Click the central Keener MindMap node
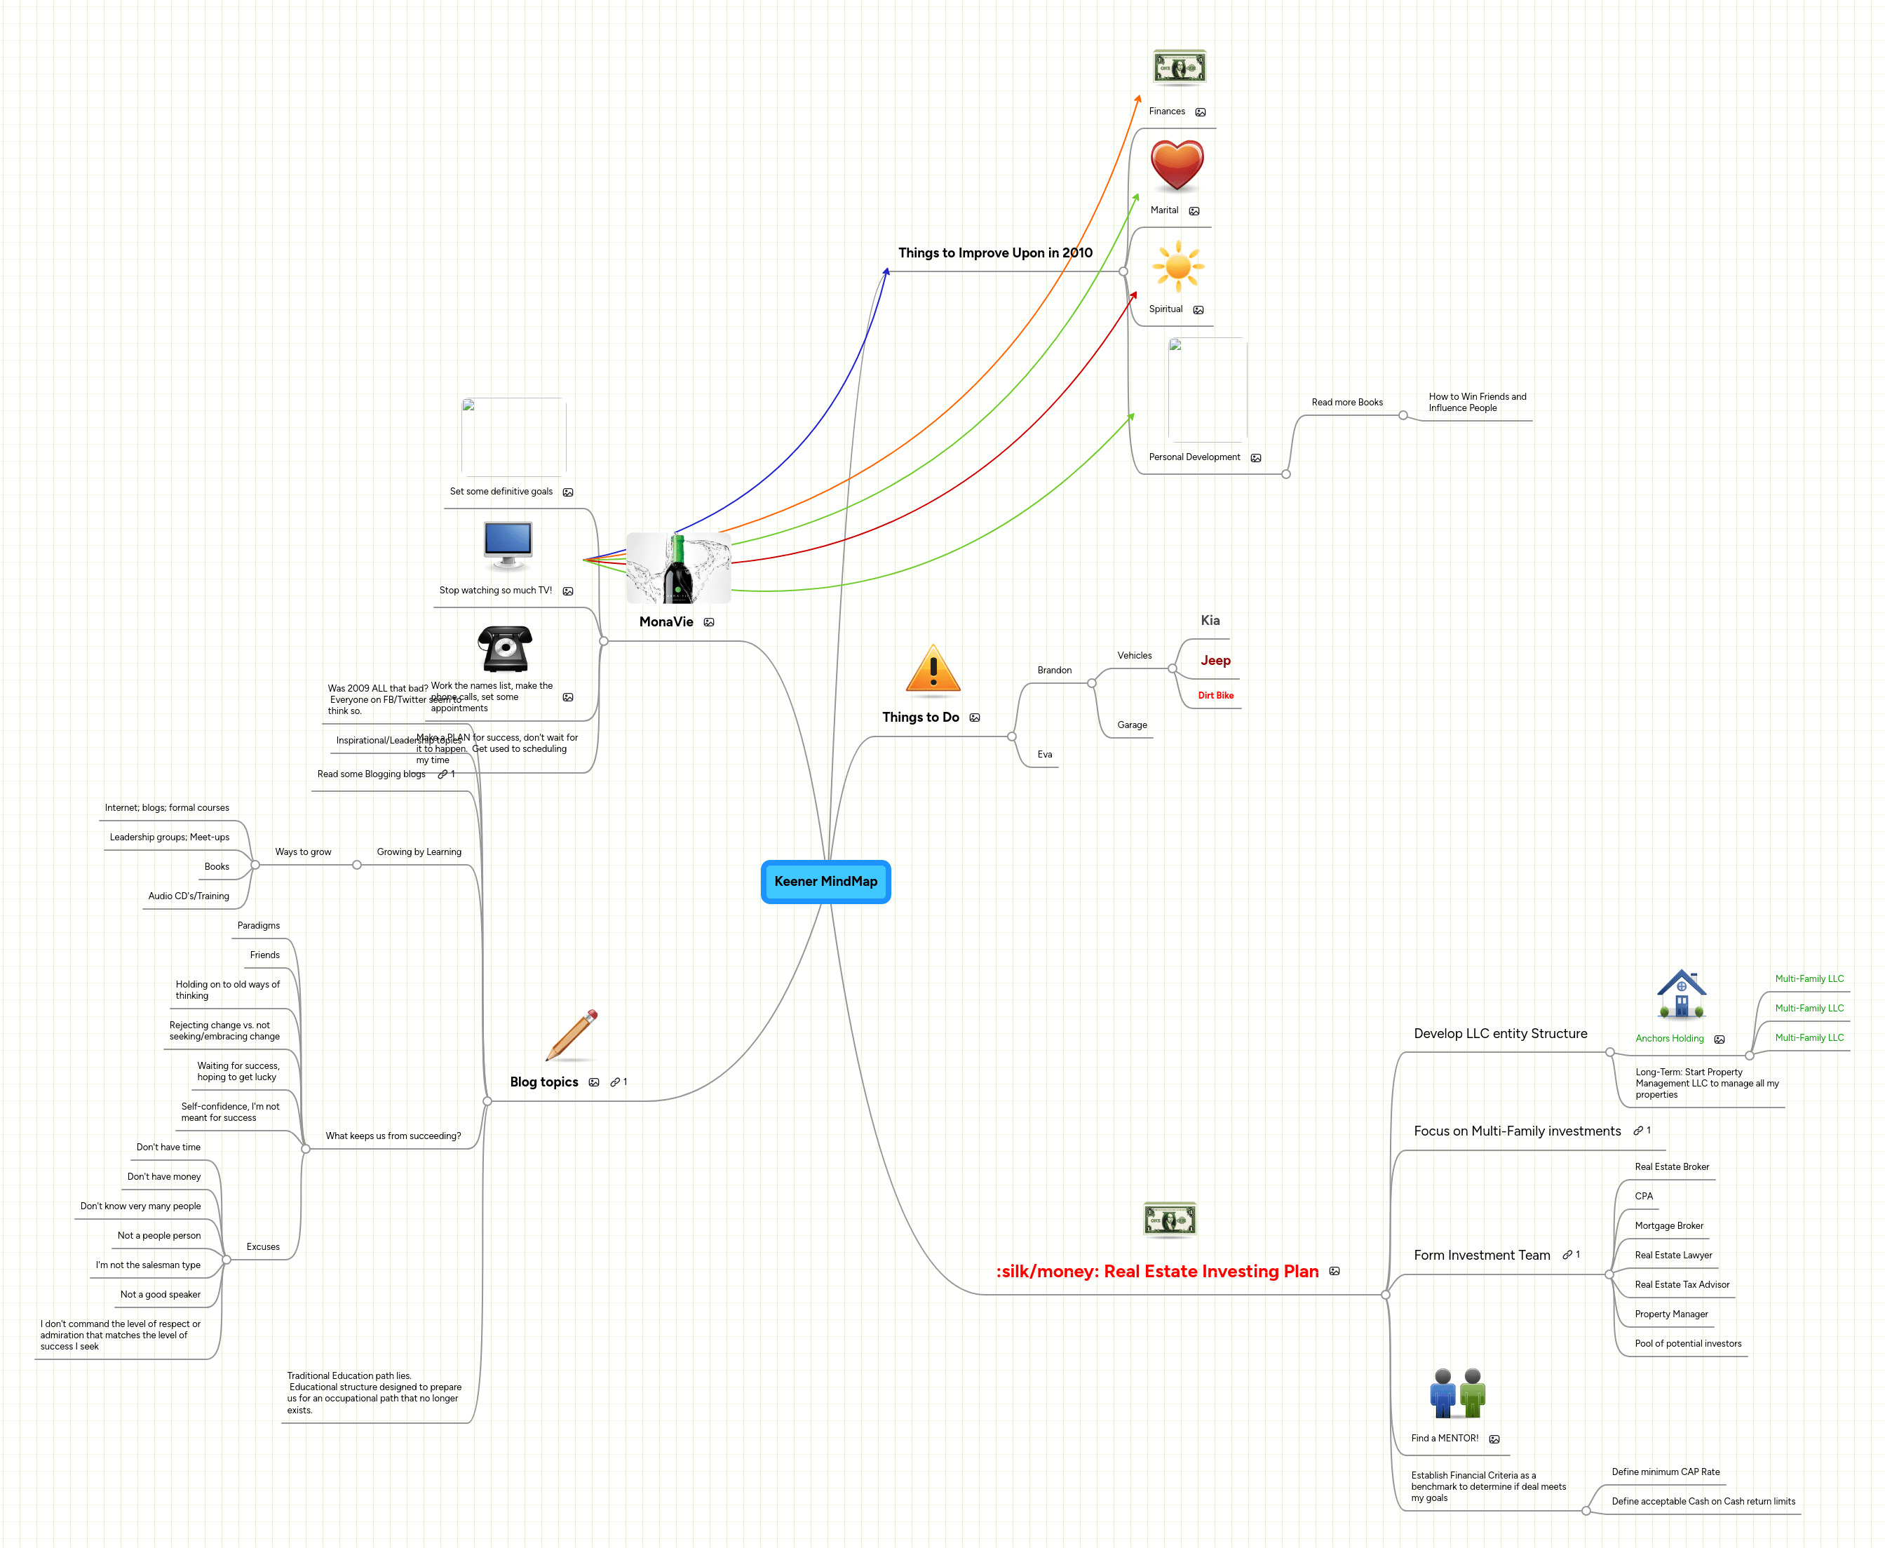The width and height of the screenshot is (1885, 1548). (x=825, y=881)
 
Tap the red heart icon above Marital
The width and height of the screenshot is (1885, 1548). (x=1176, y=166)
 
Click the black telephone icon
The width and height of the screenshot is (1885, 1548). (x=505, y=648)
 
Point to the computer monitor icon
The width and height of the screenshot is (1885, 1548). (x=507, y=545)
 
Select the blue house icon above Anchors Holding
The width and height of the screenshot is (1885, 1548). (x=1681, y=995)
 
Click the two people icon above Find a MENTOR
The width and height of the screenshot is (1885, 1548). (x=1457, y=1393)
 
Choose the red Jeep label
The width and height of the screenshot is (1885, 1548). (x=1215, y=661)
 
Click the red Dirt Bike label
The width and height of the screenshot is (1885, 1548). (x=1215, y=696)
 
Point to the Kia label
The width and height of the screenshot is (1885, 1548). (x=1210, y=621)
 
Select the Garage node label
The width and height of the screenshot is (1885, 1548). (x=1132, y=725)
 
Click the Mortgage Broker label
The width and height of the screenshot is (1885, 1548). (x=1668, y=1225)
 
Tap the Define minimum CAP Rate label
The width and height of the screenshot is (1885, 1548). (x=1665, y=1472)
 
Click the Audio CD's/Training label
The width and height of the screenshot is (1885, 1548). (x=188, y=896)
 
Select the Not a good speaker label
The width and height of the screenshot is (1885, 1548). (x=161, y=1294)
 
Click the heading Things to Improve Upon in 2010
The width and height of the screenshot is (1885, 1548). (x=995, y=253)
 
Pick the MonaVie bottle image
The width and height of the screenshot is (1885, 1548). (x=677, y=568)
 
